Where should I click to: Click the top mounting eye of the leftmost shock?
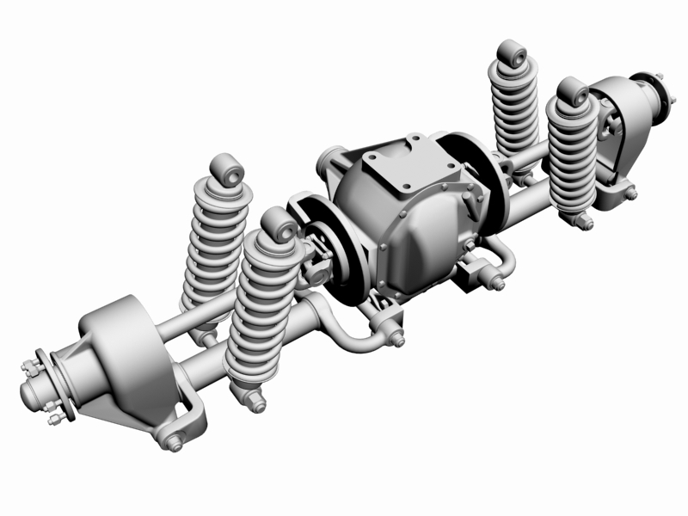[228, 169]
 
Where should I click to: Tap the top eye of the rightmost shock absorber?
[573, 91]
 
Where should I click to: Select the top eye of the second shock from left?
[280, 224]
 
